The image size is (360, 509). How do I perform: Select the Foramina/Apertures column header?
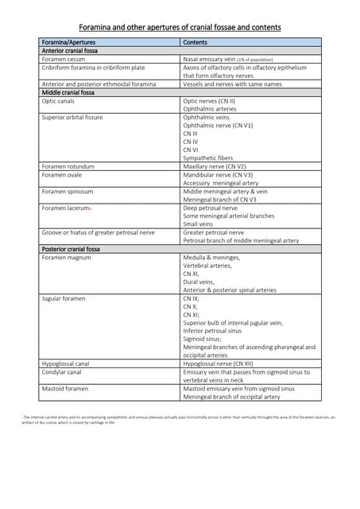coord(68,42)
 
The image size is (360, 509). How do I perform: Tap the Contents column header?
coord(195,42)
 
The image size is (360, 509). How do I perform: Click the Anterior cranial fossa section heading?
coord(70,51)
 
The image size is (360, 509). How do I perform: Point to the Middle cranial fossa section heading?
coord(68,92)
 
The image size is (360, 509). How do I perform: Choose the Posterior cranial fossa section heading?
coord(71,249)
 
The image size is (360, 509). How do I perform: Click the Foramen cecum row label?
coord(64,59)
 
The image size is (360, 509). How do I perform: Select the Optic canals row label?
coord(60,101)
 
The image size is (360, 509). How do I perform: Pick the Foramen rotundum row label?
coord(68,166)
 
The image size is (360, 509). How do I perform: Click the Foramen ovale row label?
coord(62,175)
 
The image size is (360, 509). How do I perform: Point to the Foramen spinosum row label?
coord(67,192)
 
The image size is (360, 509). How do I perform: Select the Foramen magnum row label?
coord(66,258)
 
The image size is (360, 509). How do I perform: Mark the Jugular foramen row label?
coord(64,297)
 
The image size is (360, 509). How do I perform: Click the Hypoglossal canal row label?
coord(66,363)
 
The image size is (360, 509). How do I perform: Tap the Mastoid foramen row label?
coord(64,388)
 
